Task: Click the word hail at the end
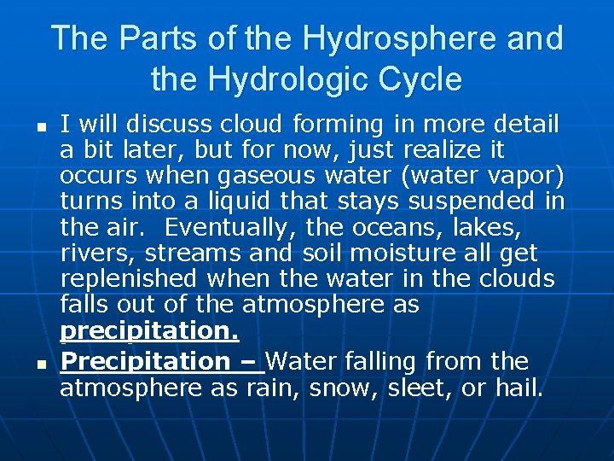click(x=518, y=388)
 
